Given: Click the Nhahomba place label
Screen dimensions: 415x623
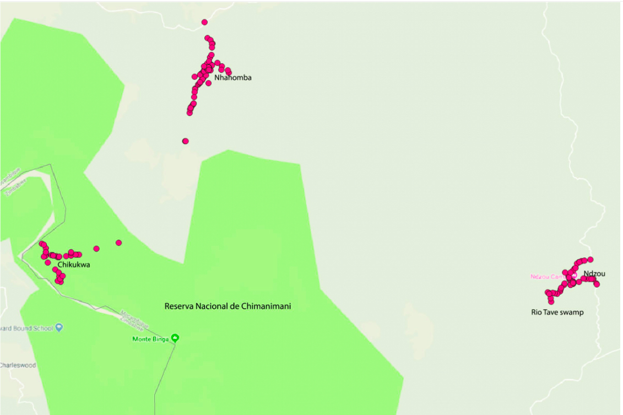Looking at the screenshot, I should tap(233, 78).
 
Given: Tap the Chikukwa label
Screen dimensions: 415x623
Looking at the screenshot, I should tap(74, 265).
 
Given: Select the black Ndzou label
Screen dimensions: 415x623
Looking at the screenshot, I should tap(594, 274).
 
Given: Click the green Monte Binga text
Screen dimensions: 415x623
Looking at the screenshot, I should tap(151, 339).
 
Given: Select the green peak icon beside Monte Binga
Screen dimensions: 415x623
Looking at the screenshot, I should tap(175, 338).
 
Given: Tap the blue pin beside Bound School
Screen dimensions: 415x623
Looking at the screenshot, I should tap(59, 328).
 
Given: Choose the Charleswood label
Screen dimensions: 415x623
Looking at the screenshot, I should tap(18, 365).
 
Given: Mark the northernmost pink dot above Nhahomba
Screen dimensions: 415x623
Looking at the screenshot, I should tap(204, 22).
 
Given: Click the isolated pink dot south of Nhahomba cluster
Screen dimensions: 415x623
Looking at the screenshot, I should tap(186, 141).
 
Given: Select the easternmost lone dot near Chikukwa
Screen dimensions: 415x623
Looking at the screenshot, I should tap(118, 242).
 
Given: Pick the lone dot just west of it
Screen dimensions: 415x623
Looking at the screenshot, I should tap(96, 249).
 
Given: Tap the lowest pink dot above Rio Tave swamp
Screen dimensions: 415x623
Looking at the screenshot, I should tap(551, 301).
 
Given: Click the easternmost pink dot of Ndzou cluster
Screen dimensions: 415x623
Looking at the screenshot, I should tap(597, 284).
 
